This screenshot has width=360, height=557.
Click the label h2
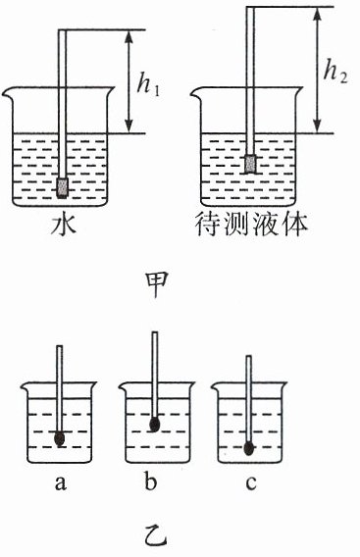click(x=335, y=73)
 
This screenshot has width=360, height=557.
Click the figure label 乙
click(x=156, y=539)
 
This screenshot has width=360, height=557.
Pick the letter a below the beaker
click(x=61, y=483)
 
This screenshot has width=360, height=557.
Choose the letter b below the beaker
click(x=151, y=481)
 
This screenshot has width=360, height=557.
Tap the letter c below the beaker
click(x=251, y=483)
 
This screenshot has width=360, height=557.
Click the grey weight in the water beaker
click(x=63, y=187)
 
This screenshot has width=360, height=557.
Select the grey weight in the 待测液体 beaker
click(x=251, y=164)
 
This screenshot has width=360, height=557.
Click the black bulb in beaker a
click(x=60, y=438)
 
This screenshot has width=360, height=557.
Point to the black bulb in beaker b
click(x=154, y=425)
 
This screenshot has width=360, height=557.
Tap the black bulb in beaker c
click(x=249, y=448)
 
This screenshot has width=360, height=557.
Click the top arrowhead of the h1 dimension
click(x=129, y=34)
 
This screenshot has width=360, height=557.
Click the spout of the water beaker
click(x=7, y=93)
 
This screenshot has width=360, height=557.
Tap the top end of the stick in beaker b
click(x=155, y=332)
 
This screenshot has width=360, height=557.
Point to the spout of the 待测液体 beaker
click(x=195, y=93)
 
